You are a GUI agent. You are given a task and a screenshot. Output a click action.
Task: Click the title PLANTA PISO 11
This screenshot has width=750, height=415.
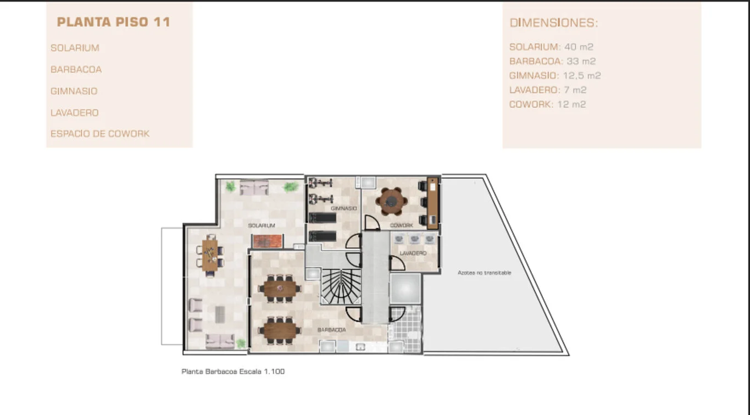point(114,22)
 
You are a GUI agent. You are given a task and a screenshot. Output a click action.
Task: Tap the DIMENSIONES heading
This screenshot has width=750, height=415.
point(554,23)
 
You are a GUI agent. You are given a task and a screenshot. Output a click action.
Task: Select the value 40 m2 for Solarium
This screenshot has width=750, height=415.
point(579,47)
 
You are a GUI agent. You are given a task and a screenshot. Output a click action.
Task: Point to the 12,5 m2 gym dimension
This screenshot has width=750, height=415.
point(582,75)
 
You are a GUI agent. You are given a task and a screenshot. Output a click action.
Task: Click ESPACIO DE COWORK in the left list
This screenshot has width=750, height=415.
point(100,134)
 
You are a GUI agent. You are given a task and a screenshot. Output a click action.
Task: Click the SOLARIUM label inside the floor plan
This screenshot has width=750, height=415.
point(262,226)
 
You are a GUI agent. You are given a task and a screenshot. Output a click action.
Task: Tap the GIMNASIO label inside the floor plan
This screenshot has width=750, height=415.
point(344,208)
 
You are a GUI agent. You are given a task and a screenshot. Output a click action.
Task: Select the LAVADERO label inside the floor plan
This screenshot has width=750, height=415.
point(413,253)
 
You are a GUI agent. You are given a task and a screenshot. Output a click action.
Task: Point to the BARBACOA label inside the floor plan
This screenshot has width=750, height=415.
point(331,330)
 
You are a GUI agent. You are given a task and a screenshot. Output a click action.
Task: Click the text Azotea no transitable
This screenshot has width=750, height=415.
point(485,273)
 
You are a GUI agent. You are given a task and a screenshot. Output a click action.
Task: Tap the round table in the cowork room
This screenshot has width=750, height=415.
point(391,201)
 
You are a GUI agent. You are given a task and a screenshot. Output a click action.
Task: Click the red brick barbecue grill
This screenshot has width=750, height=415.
point(267,241)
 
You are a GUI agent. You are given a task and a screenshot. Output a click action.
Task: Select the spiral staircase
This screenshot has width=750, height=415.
point(341,287)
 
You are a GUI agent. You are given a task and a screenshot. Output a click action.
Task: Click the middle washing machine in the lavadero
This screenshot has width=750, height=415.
point(414,239)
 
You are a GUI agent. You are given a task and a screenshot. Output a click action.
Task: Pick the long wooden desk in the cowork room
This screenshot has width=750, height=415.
point(432,203)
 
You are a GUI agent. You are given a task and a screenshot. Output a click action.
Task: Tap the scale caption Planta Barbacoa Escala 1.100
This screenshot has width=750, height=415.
point(233,372)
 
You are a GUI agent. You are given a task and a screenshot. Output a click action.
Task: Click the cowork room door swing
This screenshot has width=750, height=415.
point(371,223)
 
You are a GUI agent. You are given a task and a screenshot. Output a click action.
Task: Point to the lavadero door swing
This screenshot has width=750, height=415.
point(397,263)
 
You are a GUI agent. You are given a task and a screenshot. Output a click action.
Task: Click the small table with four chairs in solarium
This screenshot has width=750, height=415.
point(210,255)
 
